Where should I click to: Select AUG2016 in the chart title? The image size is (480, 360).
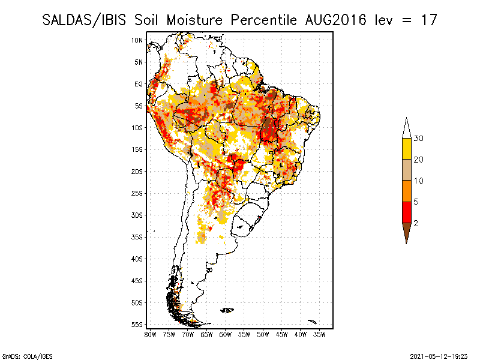coord(334,20)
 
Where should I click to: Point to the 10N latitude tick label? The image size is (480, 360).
coord(137,40)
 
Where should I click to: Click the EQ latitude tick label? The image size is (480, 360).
coord(138,84)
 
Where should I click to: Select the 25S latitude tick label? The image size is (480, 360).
coord(137,193)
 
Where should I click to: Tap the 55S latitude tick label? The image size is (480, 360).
coord(137,324)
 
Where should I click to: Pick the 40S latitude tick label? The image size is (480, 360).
coord(137,259)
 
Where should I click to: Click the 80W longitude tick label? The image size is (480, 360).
coord(150,334)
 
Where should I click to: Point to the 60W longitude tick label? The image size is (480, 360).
coord(226,334)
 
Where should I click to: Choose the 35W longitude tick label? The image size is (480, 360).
coord(320,334)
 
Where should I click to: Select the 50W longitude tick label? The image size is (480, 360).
coord(263,334)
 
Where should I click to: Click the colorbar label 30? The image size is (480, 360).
coord(419,139)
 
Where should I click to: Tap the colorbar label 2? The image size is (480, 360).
coord(416,223)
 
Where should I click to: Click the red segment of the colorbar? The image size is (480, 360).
coord(406,212)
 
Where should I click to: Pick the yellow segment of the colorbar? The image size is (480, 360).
coord(406,149)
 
